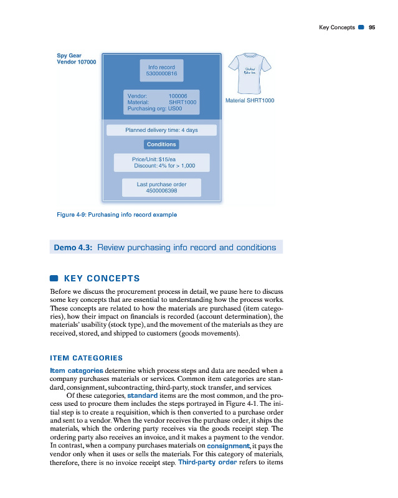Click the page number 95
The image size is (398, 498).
(372, 27)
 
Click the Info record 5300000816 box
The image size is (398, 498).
(162, 70)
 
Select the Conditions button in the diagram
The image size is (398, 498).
(161, 144)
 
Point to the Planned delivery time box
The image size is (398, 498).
(161, 130)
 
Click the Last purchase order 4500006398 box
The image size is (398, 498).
(161, 187)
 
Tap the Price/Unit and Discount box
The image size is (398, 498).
(161, 162)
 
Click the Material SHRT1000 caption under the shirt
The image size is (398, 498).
(249, 100)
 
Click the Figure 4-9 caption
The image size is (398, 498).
(116, 215)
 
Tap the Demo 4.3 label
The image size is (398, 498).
(73, 247)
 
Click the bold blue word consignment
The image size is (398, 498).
(230, 446)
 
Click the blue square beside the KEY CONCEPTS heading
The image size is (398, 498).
(54, 278)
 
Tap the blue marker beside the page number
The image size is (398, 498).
(361, 27)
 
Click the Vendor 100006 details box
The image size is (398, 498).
(162, 102)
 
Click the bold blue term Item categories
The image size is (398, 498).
(77, 371)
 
